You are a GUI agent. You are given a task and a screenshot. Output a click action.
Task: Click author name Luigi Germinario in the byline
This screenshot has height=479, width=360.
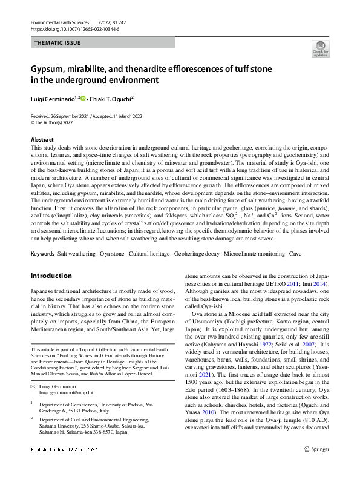click(53, 98)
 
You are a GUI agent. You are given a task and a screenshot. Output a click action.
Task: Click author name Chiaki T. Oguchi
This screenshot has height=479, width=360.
click(112, 98)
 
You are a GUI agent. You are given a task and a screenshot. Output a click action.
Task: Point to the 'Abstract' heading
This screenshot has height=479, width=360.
click(42, 139)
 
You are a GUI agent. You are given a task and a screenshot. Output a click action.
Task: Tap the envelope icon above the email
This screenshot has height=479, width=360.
click(33, 386)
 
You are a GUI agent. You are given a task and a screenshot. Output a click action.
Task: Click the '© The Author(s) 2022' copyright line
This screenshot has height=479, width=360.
click(56, 121)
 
